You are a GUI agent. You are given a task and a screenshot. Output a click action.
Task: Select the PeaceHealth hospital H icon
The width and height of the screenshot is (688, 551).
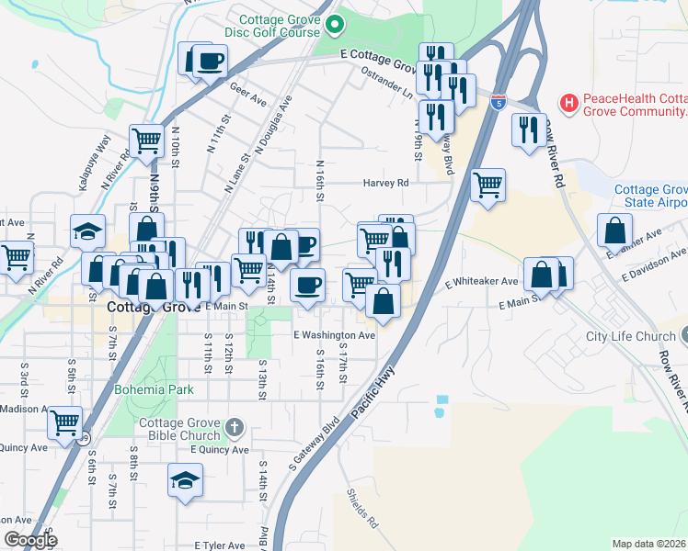click(x=569, y=103)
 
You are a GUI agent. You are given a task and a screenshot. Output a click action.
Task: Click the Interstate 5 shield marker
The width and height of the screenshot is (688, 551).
click(x=498, y=102)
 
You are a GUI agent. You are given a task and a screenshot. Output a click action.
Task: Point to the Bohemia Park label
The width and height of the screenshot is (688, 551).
click(x=155, y=389)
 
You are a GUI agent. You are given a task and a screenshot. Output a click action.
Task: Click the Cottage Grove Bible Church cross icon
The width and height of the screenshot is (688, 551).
click(x=235, y=427)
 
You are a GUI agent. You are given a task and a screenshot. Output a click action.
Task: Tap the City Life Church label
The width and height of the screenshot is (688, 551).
click(x=630, y=336)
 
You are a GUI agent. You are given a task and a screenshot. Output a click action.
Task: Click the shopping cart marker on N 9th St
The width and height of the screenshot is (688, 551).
click(x=146, y=141)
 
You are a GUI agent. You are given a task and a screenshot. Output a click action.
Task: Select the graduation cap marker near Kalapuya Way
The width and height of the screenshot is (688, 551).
click(x=88, y=231)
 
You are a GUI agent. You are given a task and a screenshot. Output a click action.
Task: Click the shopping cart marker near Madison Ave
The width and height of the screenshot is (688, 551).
click(x=64, y=423)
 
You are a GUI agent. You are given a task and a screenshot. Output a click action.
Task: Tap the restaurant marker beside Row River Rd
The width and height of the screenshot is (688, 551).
click(x=528, y=129)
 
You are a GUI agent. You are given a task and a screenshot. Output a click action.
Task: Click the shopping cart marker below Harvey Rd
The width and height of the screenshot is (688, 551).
click(x=487, y=184)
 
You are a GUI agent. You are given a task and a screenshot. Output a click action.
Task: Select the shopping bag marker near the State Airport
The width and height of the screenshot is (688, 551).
click(x=614, y=231)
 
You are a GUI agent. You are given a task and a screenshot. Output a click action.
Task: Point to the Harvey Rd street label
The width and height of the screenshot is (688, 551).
click(x=385, y=183)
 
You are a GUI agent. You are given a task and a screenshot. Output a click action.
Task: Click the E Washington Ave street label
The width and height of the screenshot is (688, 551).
click(x=335, y=336)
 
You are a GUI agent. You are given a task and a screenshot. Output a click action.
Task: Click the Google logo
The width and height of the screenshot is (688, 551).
click(x=31, y=539)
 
